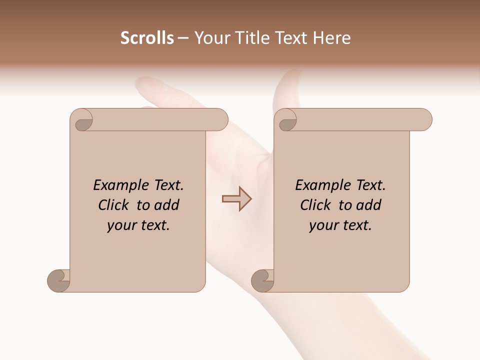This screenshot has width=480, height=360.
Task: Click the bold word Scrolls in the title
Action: (147, 38)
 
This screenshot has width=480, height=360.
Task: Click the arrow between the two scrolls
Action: (237, 199)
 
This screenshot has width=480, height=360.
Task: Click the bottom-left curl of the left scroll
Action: (59, 280)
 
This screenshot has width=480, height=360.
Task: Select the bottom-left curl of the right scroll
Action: (263, 280)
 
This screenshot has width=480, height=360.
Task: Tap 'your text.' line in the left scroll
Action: (138, 225)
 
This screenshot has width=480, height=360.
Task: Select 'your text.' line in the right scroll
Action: (340, 225)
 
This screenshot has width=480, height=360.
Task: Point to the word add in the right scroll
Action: (368, 205)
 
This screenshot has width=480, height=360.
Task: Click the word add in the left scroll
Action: (166, 205)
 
